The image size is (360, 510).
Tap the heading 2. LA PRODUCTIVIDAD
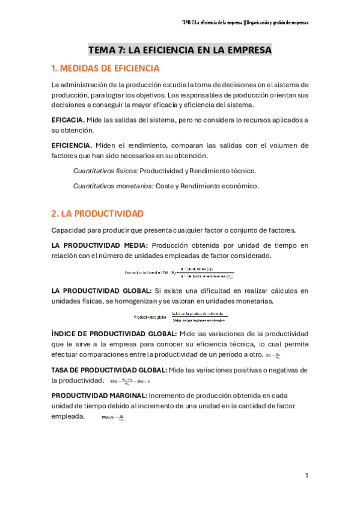(97, 214)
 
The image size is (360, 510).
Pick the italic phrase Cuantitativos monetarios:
(113, 186)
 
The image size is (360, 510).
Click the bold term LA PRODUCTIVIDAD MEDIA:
(99, 245)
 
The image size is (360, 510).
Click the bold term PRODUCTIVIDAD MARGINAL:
(98, 395)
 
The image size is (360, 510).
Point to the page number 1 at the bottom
(307, 476)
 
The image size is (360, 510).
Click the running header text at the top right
(245, 23)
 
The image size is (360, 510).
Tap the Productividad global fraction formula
(180, 315)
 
